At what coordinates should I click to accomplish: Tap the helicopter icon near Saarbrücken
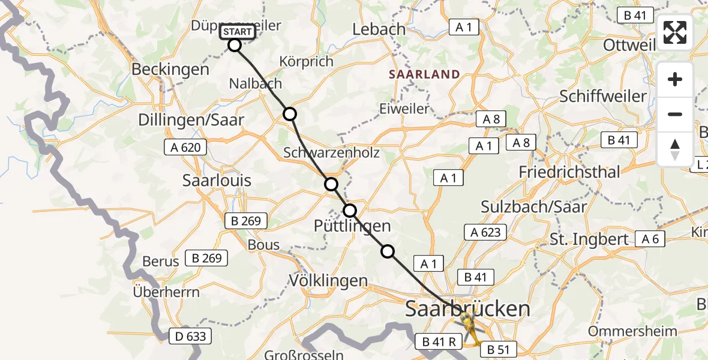469,327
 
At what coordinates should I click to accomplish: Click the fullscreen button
675,32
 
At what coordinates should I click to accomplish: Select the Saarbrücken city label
468,309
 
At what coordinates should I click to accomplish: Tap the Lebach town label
379,29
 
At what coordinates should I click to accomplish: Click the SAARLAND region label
424,75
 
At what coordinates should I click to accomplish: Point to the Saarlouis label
217,181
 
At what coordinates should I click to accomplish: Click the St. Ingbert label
589,239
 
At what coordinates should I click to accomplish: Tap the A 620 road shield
186,147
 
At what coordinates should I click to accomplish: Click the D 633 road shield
191,336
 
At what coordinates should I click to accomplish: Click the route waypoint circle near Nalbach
290,114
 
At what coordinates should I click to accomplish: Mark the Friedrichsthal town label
569,172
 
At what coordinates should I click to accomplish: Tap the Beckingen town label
170,69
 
